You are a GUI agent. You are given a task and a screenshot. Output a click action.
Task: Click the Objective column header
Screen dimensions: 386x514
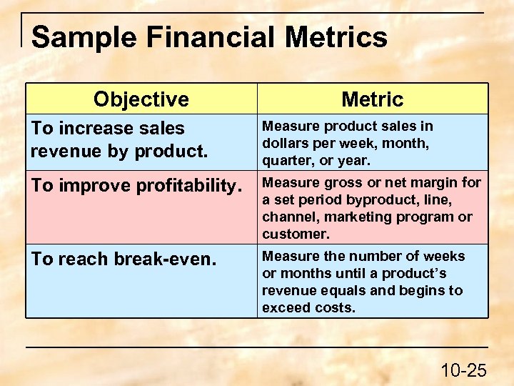tap(141, 99)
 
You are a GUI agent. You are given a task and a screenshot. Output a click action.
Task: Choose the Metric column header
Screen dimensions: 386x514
tap(372, 99)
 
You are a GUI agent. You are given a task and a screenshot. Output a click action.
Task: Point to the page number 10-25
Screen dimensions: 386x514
tap(463, 370)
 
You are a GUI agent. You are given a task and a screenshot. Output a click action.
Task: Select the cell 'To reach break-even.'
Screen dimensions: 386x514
tap(123, 259)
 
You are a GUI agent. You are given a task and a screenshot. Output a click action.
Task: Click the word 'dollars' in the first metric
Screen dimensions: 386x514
tap(284, 143)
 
